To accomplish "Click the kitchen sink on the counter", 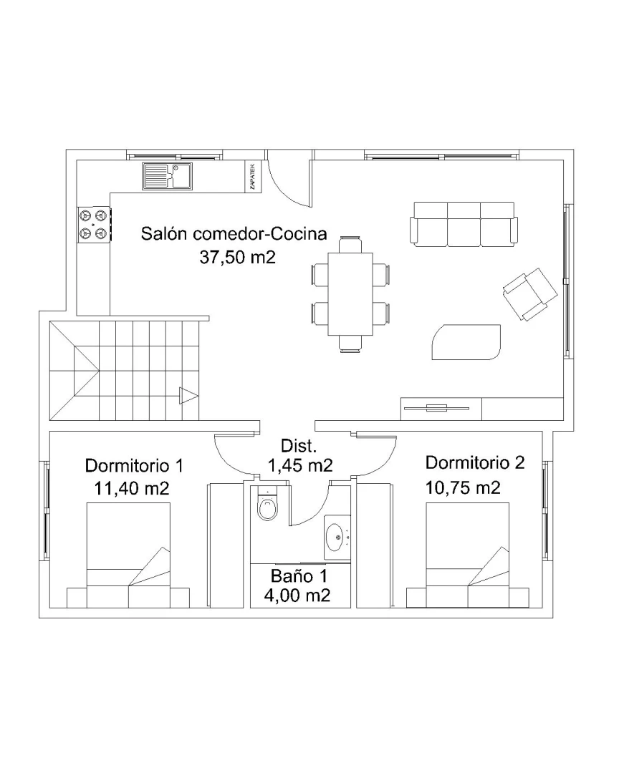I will pos(168,176).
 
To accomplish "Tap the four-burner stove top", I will pos(94,223).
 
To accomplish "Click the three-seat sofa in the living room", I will pos(464,223).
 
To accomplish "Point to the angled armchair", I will pos(529,294).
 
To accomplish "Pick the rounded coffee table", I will pos(466,341).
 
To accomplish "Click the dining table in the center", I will pos(351,295).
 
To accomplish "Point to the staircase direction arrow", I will pos(188,395).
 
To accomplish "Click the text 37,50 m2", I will pos(237,258).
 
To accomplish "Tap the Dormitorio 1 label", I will pos(135,466).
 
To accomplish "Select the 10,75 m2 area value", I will pos(463,488).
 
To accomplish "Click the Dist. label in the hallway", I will pos(299,446).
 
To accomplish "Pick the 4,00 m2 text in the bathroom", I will pos(297,595).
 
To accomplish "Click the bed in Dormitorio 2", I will pos(468,555).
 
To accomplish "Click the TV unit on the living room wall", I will pos(441,409).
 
